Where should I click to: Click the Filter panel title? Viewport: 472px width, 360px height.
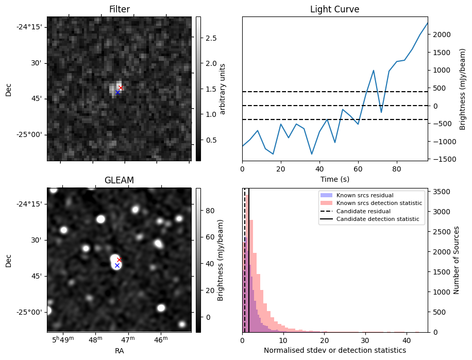click(120, 9)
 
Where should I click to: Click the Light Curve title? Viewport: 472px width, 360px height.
click(334, 9)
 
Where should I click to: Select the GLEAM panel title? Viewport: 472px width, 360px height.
click(120, 180)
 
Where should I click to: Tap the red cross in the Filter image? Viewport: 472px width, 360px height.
click(121, 88)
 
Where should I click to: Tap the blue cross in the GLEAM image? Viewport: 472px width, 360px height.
click(117, 266)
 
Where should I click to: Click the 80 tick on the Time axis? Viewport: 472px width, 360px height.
click(396, 168)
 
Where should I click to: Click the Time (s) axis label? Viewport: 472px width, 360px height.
click(334, 178)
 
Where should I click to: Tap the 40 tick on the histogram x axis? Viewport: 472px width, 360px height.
click(406, 340)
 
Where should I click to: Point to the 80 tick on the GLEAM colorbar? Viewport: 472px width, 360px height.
click(209, 211)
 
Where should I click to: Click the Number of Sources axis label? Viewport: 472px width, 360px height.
click(457, 260)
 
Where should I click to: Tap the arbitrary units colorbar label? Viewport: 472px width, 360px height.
click(223, 89)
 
